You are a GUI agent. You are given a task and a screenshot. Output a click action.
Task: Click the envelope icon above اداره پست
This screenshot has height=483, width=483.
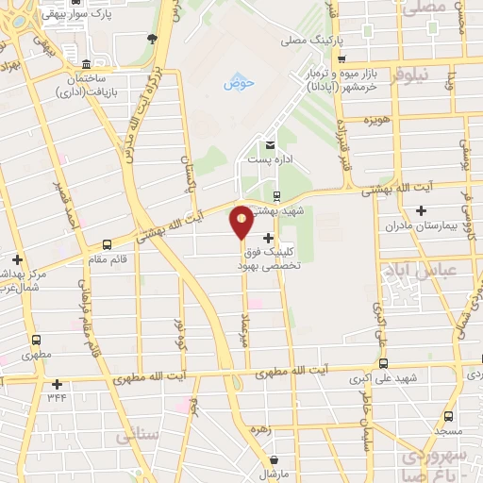pos(272,145)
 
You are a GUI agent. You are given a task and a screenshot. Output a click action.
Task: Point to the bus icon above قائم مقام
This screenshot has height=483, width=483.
pos(107,243)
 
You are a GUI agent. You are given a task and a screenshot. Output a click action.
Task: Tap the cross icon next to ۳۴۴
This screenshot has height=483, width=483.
pos(58,383)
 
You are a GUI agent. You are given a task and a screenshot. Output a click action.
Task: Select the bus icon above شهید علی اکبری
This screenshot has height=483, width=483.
pos(383,363)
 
